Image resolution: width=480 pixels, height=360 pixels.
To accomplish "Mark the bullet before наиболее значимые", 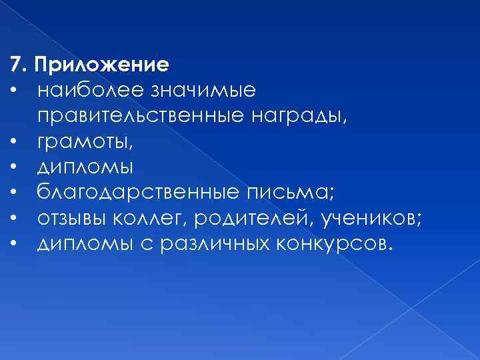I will tap(13, 89).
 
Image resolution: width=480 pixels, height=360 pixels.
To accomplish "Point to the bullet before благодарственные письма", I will tap(13, 192).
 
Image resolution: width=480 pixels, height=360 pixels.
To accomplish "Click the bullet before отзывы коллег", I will tap(13, 218).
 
